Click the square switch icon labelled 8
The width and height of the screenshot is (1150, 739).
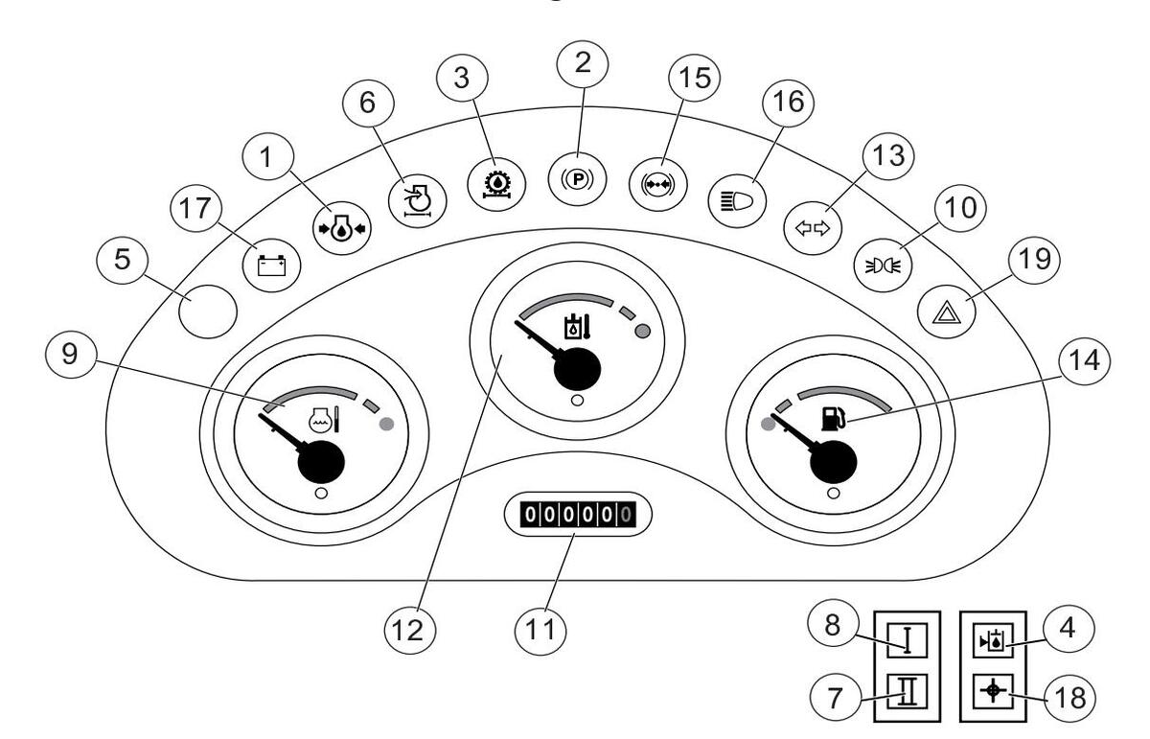pos(905,639)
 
